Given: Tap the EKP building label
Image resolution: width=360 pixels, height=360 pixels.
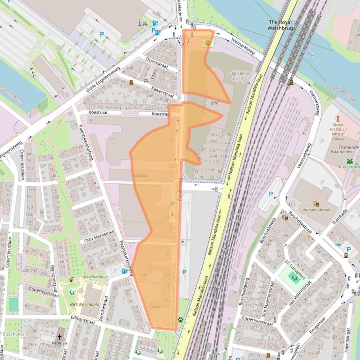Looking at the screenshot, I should click(215, 103).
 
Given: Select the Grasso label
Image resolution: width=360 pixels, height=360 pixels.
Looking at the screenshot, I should click(140, 175).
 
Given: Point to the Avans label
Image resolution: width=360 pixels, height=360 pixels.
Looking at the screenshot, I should click(157, 307).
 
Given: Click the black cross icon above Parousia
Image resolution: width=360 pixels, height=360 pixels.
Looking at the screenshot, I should click(59, 336).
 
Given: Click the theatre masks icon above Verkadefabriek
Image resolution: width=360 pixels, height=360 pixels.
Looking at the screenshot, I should click(317, 203).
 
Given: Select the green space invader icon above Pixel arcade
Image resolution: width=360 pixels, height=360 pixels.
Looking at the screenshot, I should click(349, 161).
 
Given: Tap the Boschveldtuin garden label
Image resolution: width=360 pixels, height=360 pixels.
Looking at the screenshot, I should click(96, 277).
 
